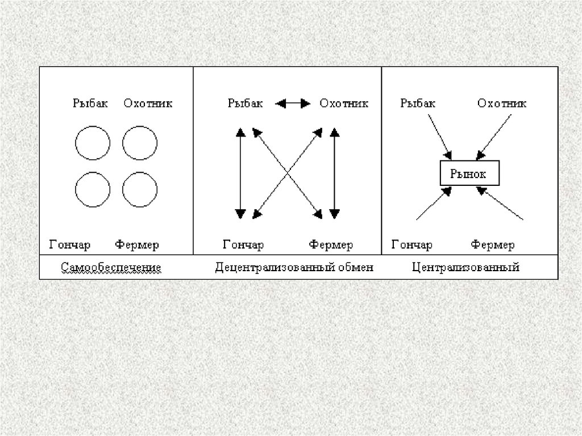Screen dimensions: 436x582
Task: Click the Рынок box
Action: point(469,173)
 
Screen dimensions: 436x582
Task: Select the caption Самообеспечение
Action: point(112,267)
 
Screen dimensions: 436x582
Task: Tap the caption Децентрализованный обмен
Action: point(294,267)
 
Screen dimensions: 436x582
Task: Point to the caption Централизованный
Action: point(465,267)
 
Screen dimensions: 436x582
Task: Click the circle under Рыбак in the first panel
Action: point(93,143)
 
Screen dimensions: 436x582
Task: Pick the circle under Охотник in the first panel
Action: point(140,143)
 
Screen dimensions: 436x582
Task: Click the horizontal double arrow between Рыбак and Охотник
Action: point(293,103)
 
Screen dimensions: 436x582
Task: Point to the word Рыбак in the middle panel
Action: point(246,103)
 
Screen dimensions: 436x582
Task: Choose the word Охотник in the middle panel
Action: point(344,103)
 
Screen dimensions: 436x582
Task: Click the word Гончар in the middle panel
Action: point(243,245)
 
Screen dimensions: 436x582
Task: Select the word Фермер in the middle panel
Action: point(331,245)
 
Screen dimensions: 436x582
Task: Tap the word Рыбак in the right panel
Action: point(418,103)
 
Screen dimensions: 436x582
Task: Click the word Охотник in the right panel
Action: point(502,103)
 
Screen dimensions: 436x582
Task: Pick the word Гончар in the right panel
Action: point(411,245)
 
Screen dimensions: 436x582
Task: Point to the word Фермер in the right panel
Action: point(492,245)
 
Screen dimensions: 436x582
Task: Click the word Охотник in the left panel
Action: point(148,103)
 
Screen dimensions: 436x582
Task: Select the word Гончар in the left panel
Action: point(70,245)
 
